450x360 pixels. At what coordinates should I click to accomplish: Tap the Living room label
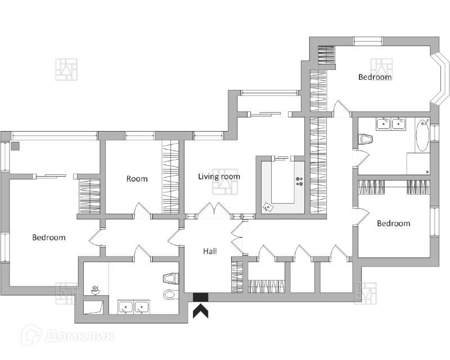click(x=219, y=177)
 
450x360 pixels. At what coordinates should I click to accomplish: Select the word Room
click(x=137, y=179)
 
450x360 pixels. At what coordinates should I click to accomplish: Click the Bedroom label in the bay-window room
click(x=375, y=77)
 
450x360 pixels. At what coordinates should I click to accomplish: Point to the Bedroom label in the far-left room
click(x=48, y=237)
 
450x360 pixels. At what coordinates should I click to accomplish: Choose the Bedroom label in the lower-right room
click(x=393, y=223)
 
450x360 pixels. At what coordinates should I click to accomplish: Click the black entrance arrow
click(x=200, y=310)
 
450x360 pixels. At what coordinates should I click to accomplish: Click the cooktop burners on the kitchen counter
click(x=299, y=181)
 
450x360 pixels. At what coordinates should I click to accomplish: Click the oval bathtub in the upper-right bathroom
click(x=422, y=135)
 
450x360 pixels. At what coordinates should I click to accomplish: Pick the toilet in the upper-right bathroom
click(x=366, y=139)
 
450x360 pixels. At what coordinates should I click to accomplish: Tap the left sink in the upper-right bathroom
click(x=384, y=123)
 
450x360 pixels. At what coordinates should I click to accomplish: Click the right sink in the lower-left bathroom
click(x=142, y=307)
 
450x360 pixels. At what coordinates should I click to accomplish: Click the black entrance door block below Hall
click(x=200, y=297)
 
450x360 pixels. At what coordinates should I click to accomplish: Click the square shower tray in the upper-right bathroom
click(x=418, y=164)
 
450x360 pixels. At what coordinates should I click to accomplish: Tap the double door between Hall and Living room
click(x=213, y=209)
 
